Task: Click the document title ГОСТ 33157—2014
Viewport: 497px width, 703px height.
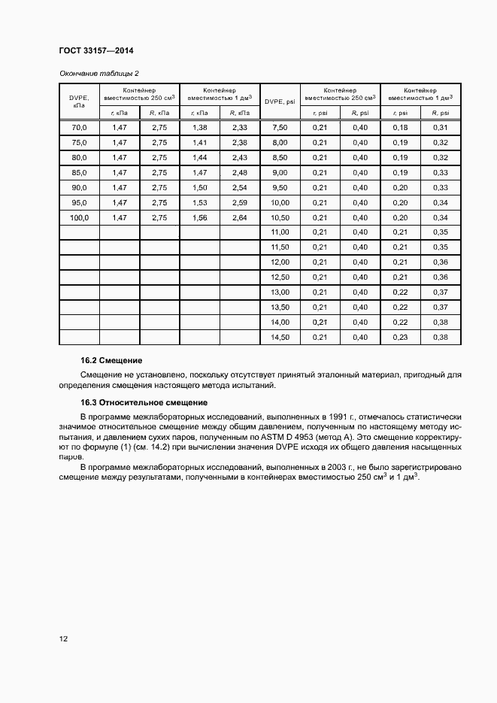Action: tap(90, 50)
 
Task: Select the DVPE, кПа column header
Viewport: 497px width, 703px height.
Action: tap(79, 101)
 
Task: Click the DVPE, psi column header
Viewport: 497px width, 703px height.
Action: tap(280, 101)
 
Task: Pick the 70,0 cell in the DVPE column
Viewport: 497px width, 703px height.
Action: tap(79, 128)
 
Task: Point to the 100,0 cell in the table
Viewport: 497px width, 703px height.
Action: tap(79, 217)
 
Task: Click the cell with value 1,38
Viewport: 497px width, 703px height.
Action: tap(199, 128)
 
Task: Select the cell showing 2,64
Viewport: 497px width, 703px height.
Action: tap(239, 217)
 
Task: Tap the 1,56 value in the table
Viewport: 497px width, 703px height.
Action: tap(199, 217)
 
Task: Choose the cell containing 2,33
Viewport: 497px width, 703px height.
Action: tap(239, 128)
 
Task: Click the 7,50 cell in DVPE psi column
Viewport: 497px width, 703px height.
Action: tap(280, 128)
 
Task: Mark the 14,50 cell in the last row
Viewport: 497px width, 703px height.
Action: tap(280, 338)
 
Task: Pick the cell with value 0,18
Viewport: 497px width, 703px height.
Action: tap(400, 128)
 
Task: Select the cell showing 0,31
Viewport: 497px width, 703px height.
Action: tap(441, 128)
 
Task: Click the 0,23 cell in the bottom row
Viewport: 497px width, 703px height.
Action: tap(400, 338)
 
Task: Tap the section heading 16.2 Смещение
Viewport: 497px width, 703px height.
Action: tap(111, 361)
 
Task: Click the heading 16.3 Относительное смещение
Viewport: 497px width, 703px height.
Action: tap(144, 402)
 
